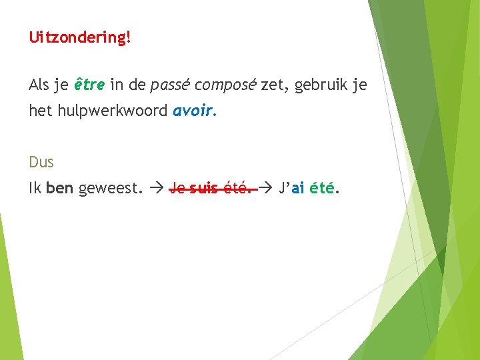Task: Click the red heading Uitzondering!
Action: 80,37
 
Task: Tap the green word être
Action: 89,85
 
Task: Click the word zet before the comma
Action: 271,85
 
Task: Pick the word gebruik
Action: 321,85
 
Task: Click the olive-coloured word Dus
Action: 41,162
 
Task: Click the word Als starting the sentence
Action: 39,85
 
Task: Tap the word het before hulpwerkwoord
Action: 39,111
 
